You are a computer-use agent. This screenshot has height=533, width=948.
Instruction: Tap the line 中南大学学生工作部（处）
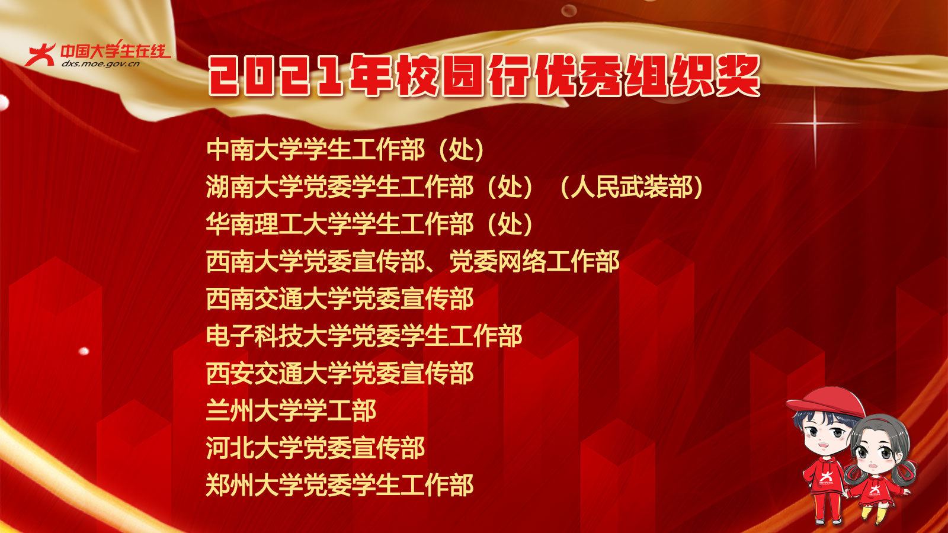(345, 150)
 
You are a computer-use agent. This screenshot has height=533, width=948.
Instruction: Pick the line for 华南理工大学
(370, 224)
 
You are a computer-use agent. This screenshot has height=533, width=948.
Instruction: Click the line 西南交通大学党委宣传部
(340, 299)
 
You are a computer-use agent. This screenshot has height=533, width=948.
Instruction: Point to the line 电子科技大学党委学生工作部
(364, 336)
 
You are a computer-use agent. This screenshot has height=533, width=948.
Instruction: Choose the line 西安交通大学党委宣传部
(340, 374)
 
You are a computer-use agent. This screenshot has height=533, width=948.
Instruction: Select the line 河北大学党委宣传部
(315, 448)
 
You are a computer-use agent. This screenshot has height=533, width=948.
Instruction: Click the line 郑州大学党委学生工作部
(340, 486)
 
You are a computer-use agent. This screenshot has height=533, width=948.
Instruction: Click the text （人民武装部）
(630, 187)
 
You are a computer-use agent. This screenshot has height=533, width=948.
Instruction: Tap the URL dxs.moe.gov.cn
(101, 63)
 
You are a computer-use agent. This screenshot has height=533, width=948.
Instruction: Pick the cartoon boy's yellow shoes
(828, 521)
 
